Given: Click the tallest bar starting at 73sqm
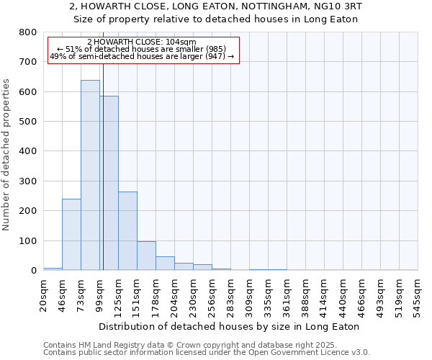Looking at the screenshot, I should [x=90, y=175].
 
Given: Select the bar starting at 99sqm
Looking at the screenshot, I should [x=109, y=183].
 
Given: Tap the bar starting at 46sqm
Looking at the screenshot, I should [x=71, y=234].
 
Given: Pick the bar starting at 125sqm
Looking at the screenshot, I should [x=127, y=230].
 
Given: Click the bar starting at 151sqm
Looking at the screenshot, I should [x=146, y=256].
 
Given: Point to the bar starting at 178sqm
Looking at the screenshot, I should [x=165, y=263].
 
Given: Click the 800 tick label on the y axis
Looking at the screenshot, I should [x=27, y=32].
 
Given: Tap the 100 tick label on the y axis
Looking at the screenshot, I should [x=27, y=240].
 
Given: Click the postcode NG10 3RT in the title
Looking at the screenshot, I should [x=338, y=6].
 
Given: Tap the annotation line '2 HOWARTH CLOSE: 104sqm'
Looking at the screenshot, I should [x=141, y=42].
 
